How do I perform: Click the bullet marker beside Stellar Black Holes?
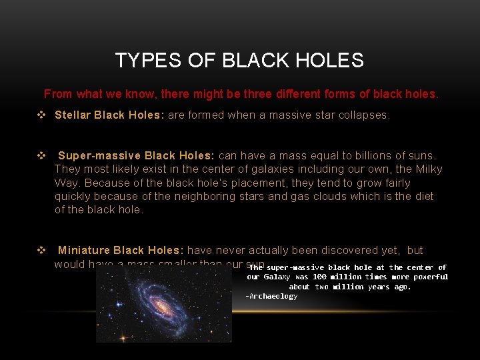[x=41, y=115]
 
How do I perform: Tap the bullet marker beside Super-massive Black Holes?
[x=41, y=156]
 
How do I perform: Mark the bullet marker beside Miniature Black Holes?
[x=41, y=250]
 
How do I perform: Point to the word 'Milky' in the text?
[x=427, y=169]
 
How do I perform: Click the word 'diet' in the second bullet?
[x=423, y=196]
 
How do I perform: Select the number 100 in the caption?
[x=320, y=277]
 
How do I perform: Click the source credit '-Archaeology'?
[x=271, y=296]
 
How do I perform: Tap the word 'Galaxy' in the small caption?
[x=277, y=277]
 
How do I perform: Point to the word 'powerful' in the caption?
[x=429, y=277]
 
